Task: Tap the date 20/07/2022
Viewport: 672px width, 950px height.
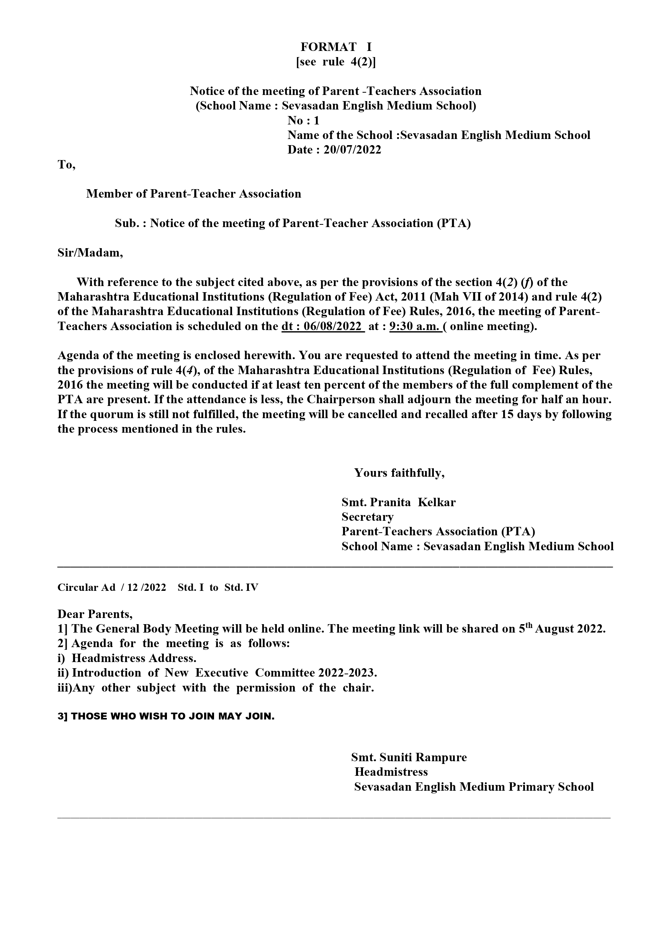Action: point(352,150)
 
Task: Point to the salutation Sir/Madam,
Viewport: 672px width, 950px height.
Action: point(90,253)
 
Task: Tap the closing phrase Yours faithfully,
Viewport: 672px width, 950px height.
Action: point(399,473)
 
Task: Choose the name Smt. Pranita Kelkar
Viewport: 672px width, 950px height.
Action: point(399,502)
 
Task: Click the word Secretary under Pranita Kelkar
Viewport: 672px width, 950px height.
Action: point(368,517)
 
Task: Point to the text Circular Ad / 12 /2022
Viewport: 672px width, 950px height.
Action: point(112,587)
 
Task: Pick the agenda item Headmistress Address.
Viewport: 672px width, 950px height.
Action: point(134,658)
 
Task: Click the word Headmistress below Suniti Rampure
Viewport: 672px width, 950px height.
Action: point(391,772)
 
